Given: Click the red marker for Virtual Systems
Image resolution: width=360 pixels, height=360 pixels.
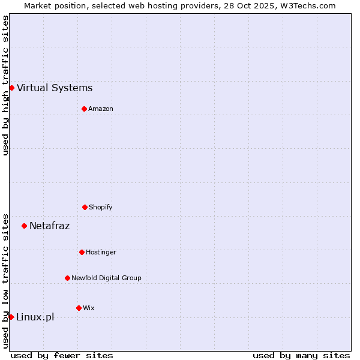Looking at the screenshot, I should pos(11,88).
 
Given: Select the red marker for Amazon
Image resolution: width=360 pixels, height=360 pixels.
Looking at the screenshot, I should pos(84,109).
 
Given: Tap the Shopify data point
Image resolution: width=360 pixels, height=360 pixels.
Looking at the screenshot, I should pos(85,207).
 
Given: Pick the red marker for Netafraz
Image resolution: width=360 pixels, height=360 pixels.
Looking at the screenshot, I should pos(24,226).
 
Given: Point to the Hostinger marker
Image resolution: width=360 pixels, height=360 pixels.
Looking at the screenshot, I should pos(82,252).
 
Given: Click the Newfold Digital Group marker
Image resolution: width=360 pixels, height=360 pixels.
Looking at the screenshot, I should pos(67,278).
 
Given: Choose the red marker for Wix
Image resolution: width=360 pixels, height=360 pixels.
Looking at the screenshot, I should pos(79,308).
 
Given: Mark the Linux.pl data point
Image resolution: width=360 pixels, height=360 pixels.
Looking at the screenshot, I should pos(11,317).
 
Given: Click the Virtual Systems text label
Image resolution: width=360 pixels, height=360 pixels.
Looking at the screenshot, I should pos(55,88).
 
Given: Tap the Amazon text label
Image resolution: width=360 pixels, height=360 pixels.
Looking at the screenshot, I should pos(101,109).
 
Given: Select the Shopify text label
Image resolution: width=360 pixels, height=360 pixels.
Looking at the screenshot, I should pos(101,207).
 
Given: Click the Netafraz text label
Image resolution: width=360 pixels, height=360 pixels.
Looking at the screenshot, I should pos(50,226).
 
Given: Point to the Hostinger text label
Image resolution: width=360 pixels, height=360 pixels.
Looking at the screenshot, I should pos(101,252).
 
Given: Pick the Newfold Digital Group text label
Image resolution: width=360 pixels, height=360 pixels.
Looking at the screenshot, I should pos(106,278).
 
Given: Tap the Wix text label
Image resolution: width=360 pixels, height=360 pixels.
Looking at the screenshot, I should pos(89,308).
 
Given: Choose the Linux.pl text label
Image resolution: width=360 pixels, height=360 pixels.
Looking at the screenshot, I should pos(35,317).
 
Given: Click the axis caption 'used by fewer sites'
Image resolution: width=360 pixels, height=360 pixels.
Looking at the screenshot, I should pos(62,355).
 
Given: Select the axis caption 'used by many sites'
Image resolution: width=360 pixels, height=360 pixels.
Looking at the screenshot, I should pos(301,355).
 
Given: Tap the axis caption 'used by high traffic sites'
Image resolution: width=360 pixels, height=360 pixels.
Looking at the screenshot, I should pos(5,85).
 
